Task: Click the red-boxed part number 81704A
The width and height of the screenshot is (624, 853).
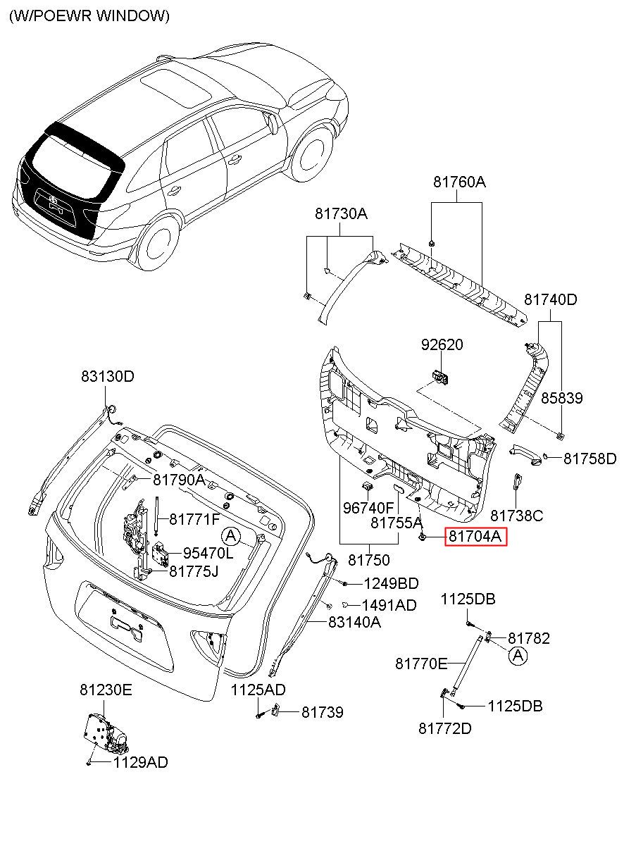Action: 475,536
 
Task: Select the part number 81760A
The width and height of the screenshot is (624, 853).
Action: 459,182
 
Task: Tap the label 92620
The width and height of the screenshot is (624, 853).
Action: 442,344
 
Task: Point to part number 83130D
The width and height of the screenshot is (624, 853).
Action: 108,376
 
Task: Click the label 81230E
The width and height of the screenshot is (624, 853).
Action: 106,690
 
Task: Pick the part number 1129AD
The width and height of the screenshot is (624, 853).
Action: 141,762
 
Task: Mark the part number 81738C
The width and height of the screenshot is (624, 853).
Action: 517,516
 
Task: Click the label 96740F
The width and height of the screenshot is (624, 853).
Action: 368,508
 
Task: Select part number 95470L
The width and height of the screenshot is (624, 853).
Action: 208,553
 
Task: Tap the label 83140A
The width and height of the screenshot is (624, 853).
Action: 354,622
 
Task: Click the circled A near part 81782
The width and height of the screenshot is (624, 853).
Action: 518,656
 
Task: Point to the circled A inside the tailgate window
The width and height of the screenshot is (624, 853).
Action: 231,536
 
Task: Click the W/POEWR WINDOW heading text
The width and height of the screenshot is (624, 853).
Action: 89,16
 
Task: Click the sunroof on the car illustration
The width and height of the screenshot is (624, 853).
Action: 176,87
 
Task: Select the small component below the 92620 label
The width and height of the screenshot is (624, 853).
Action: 441,376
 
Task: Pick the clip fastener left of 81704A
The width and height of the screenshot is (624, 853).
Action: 422,537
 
